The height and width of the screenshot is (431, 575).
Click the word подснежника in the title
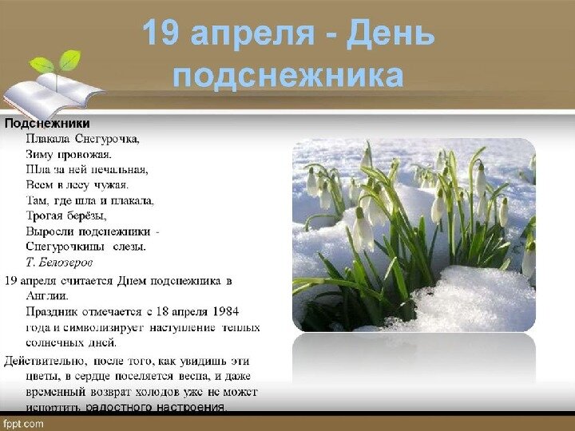click(x=287, y=77)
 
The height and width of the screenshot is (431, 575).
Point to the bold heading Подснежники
click(x=47, y=124)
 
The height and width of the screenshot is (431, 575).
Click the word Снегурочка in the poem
click(x=106, y=138)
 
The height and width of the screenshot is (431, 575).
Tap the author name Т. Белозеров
click(x=59, y=262)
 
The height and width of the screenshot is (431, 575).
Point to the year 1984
click(x=223, y=311)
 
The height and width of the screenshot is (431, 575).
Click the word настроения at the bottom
click(x=189, y=407)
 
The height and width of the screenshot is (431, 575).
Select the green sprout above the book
click(x=57, y=62)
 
